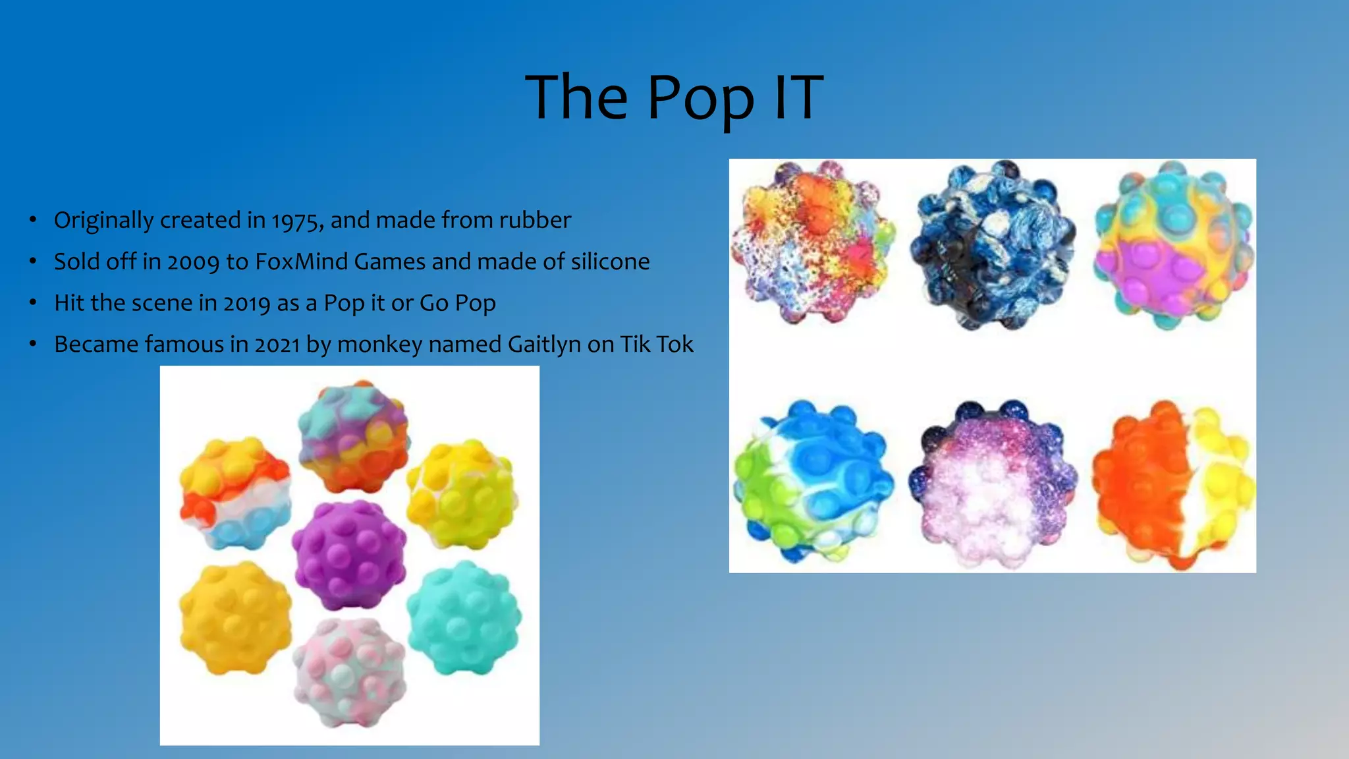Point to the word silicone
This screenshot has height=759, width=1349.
[610, 262]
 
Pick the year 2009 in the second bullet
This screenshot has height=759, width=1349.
[193, 262]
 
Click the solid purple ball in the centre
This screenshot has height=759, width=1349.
[349, 555]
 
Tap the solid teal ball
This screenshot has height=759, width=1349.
[464, 617]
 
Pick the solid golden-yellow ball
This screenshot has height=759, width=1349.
[235, 617]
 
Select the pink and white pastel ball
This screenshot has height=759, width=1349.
[349, 672]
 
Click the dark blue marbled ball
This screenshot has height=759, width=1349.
[993, 245]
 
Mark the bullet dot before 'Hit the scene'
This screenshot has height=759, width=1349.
[32, 303]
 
